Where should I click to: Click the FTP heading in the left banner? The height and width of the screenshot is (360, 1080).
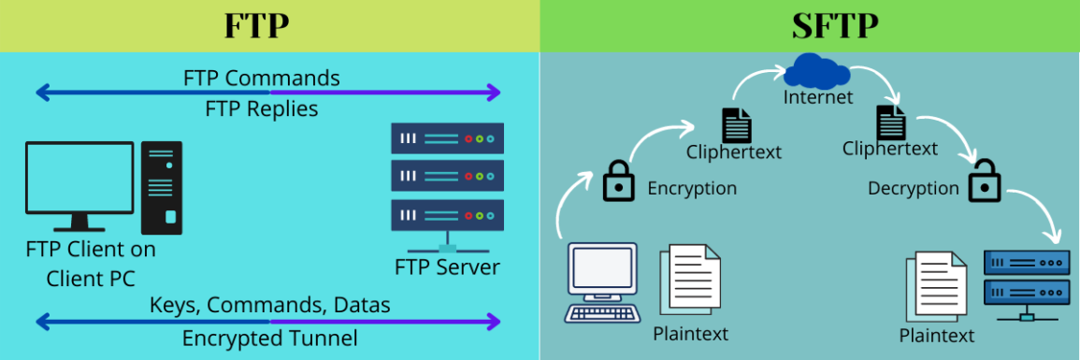click(x=257, y=26)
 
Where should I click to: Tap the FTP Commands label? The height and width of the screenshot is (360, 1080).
click(x=261, y=77)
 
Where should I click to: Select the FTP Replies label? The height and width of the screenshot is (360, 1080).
click(x=261, y=109)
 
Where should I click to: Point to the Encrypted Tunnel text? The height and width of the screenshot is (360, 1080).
click(x=269, y=338)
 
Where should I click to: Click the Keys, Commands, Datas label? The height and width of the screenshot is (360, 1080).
click(x=269, y=305)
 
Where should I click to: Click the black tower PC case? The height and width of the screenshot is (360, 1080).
click(x=162, y=187)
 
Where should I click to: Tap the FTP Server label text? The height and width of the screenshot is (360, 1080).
click(x=447, y=267)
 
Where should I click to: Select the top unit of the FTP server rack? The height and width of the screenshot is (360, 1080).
click(x=447, y=138)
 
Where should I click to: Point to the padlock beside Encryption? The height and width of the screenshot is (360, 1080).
click(x=618, y=180)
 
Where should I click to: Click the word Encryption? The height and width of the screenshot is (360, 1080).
click(x=692, y=188)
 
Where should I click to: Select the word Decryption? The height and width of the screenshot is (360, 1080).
click(x=913, y=188)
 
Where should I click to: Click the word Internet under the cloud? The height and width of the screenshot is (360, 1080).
click(x=818, y=97)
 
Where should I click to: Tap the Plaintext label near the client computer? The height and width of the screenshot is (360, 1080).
click(x=691, y=333)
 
